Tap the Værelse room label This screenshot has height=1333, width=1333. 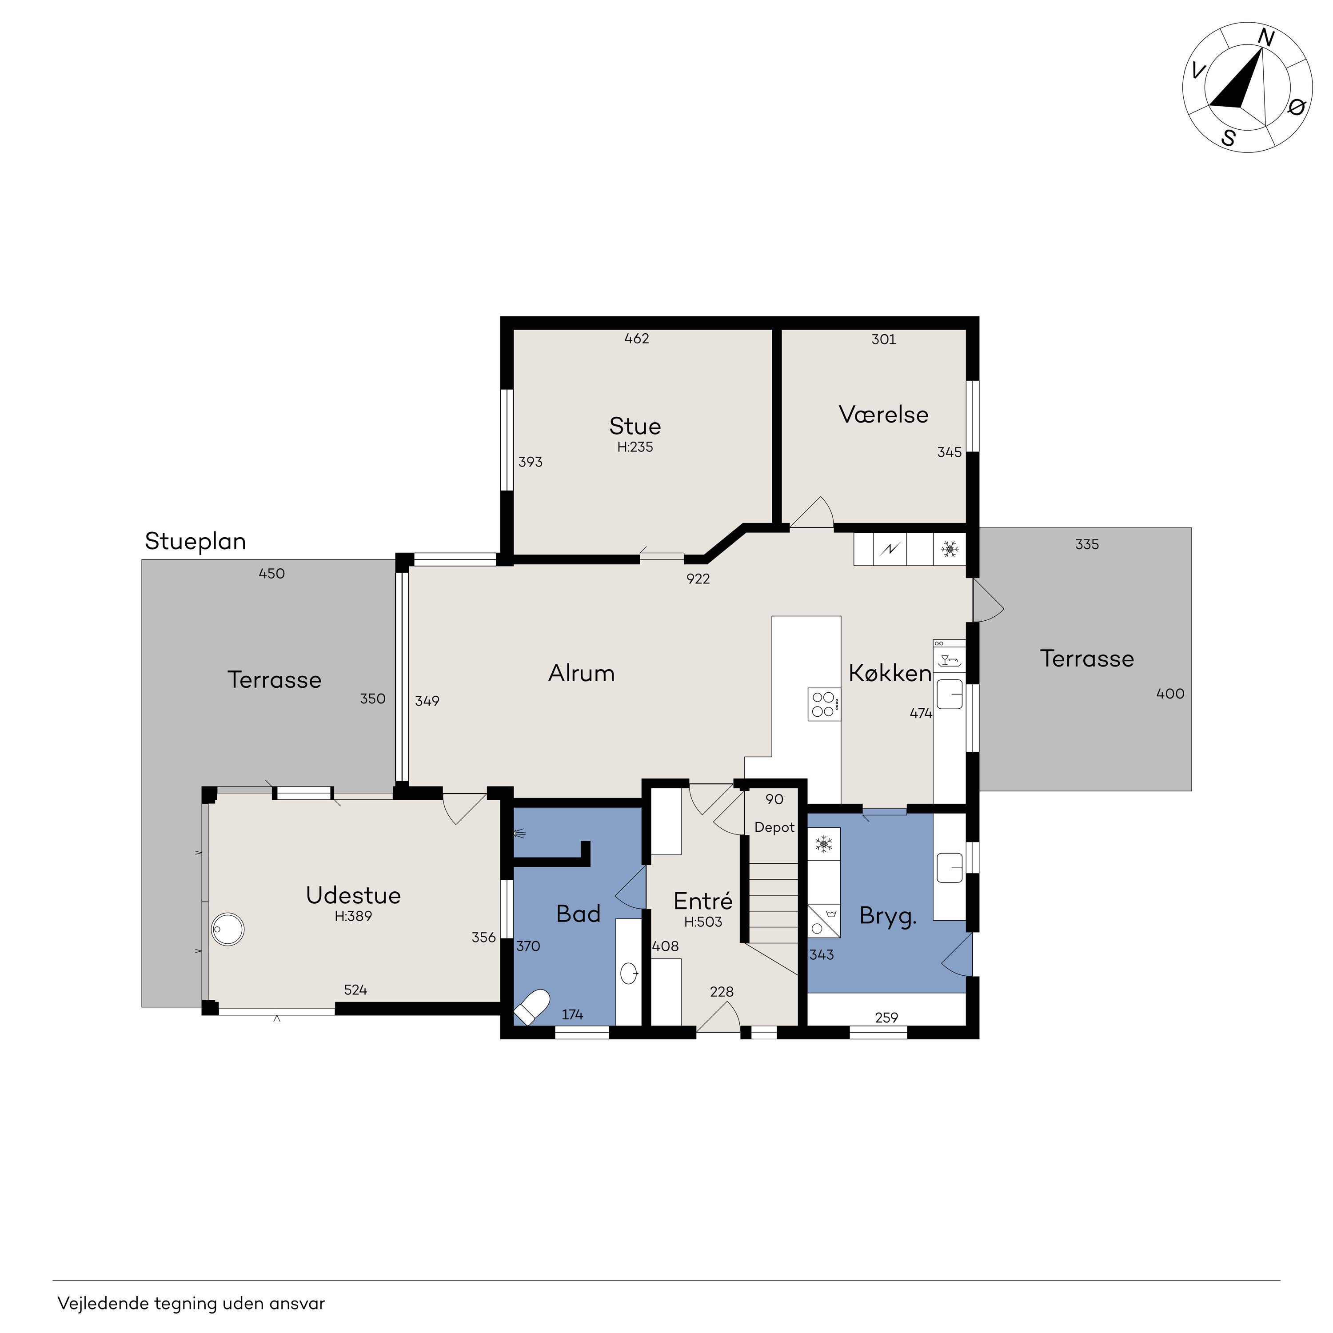pyautogui.click(x=883, y=414)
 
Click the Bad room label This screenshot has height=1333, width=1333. pyautogui.click(x=578, y=914)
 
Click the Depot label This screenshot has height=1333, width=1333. pyautogui.click(x=774, y=827)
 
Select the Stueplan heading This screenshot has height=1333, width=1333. pyautogui.click(x=195, y=542)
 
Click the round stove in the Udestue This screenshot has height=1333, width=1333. pyautogui.click(x=227, y=930)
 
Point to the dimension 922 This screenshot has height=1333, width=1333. pyautogui.click(x=698, y=579)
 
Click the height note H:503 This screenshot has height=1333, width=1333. pyautogui.click(x=703, y=922)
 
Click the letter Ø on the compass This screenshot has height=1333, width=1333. pyautogui.click(x=1297, y=107)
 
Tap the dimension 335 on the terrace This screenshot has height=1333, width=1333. pyautogui.click(x=1087, y=544)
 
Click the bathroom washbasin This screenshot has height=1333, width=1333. pyautogui.click(x=629, y=974)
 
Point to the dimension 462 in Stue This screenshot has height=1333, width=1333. pyautogui.click(x=636, y=339)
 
